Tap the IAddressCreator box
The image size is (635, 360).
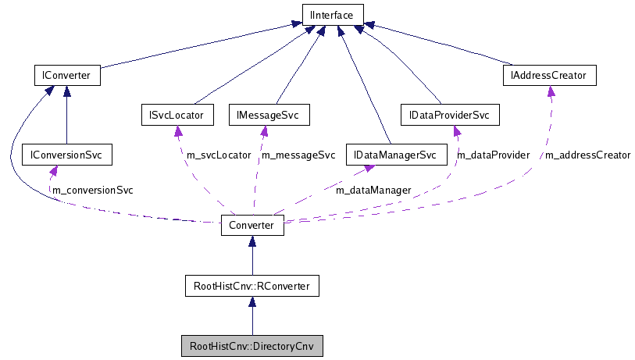tap(549, 76)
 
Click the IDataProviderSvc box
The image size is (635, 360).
tap(449, 116)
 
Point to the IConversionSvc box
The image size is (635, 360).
tap(66, 155)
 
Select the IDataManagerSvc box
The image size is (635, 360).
tap(395, 155)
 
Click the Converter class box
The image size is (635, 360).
tap(252, 225)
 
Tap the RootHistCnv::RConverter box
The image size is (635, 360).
tap(252, 287)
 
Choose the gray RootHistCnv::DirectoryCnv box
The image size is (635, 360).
tap(252, 345)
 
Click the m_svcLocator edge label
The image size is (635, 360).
tap(219, 155)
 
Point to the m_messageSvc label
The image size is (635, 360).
tap(298, 155)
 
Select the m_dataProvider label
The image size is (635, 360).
tap(493, 155)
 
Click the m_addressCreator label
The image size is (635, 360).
tap(587, 155)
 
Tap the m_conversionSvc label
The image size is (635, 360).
tap(92, 190)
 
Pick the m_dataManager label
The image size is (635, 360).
tap(373, 190)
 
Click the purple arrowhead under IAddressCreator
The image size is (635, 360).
tap(551, 91)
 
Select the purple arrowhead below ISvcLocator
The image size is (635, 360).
tap(178, 130)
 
